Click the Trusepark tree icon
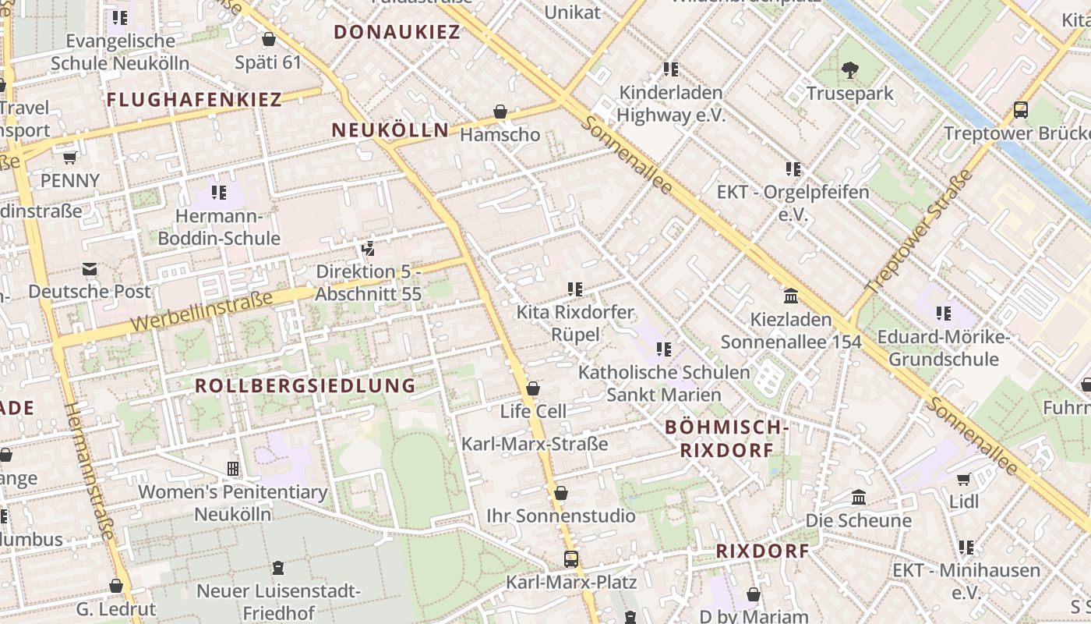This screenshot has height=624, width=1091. click(849, 70)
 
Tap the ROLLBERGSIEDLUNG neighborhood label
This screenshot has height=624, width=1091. click(305, 385)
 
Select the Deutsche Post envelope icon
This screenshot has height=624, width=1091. click(90, 270)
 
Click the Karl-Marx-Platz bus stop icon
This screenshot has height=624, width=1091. click(571, 558)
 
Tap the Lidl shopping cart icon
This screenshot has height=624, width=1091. click(964, 479)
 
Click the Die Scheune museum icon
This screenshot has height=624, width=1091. click(859, 498)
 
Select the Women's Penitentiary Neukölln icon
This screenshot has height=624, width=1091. click(232, 469)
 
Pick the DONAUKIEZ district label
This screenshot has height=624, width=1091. click(397, 32)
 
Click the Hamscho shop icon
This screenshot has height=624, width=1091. click(500, 112)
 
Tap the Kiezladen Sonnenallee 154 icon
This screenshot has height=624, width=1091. click(791, 296)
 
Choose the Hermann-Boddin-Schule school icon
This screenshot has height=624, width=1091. click(219, 192)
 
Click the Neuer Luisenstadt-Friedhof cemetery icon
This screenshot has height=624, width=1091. click(278, 567)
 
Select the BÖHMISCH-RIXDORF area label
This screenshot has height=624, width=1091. click(727, 438)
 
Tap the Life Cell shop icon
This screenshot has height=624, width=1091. click(533, 388)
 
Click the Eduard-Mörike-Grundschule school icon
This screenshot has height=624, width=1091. click(944, 314)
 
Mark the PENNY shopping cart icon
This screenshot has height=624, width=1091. click(69, 158)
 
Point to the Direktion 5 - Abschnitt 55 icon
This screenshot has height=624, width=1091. click(368, 249)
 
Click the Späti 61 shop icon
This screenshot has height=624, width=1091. click(269, 39)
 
